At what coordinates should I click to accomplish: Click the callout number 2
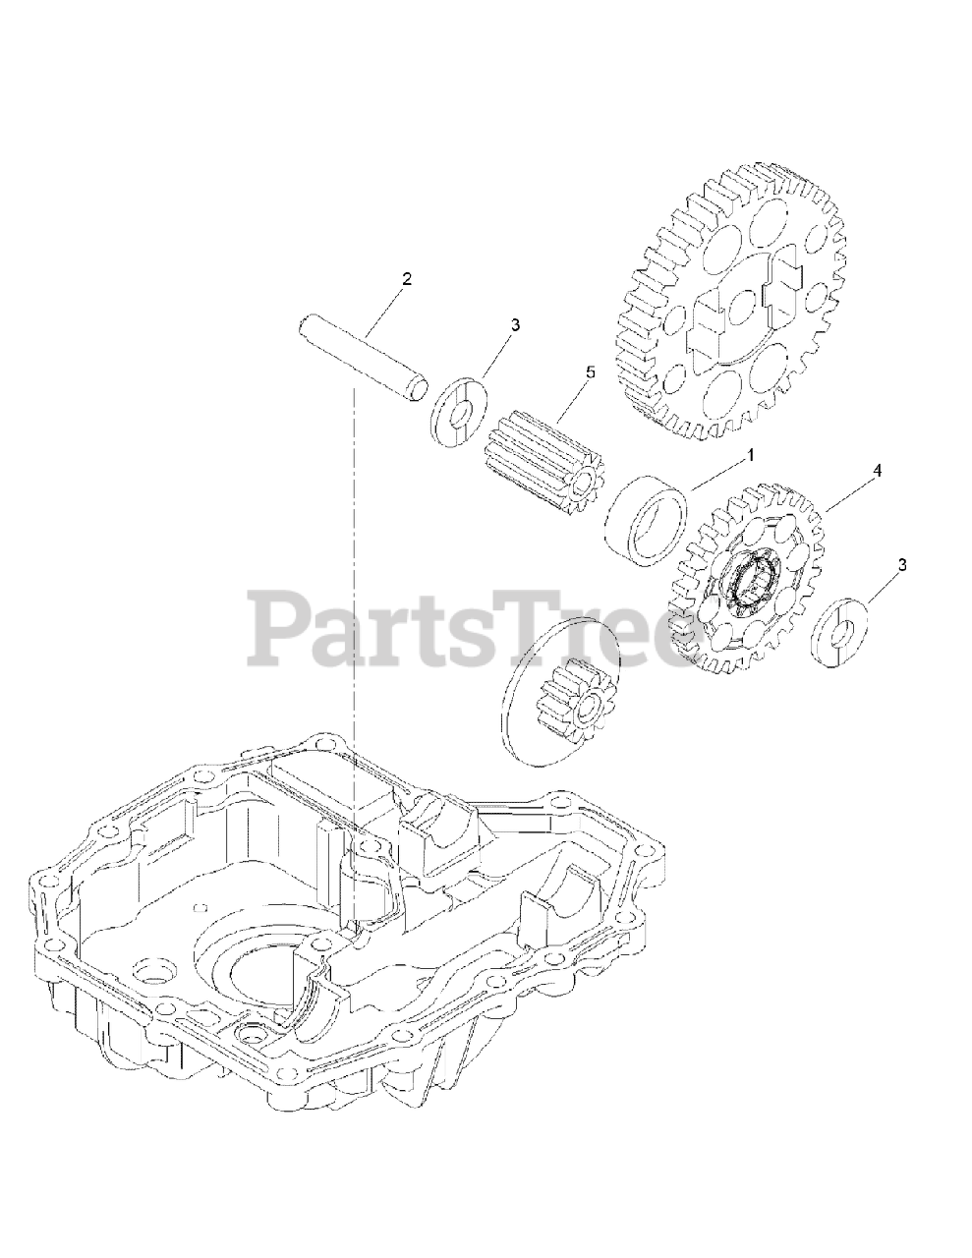click(x=406, y=279)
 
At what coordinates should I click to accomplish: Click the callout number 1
click(x=750, y=456)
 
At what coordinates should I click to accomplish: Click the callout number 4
click(x=877, y=471)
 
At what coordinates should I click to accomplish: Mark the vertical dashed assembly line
click(x=351, y=590)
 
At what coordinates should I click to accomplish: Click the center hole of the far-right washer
click(x=838, y=640)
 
